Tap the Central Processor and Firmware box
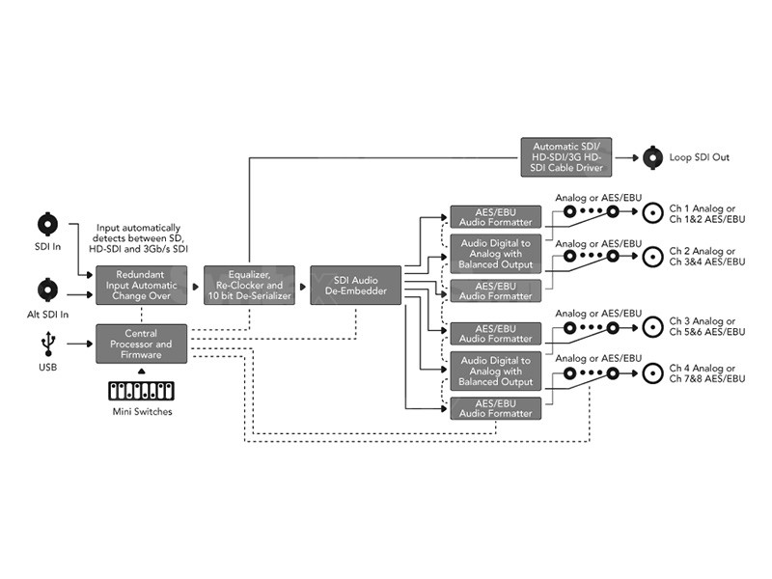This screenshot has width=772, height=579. (x=141, y=345)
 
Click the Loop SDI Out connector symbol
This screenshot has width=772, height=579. (x=652, y=156)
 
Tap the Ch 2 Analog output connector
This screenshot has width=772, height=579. (x=653, y=256)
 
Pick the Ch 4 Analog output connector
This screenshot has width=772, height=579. (x=653, y=372)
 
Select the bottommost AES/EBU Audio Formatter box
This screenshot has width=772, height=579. (x=496, y=408)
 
